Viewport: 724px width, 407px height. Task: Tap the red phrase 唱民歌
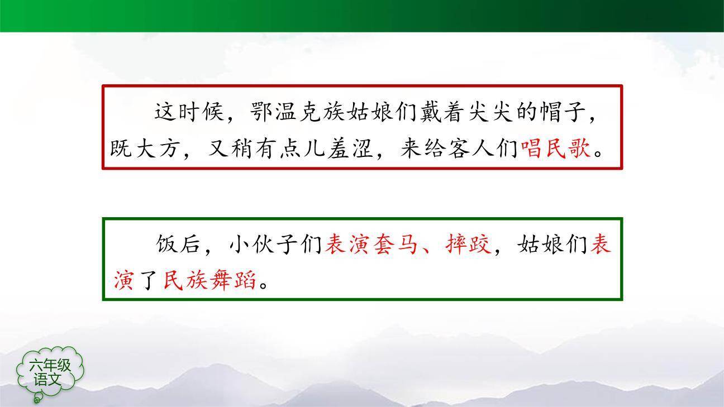click(x=555, y=149)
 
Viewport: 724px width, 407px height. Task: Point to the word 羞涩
click(x=349, y=149)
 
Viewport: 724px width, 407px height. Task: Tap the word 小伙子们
click(x=276, y=244)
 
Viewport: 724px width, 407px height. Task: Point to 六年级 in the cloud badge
click(x=51, y=366)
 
